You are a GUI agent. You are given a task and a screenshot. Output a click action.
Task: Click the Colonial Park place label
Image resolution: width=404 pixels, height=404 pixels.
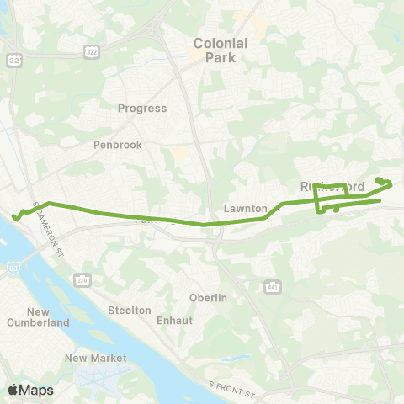pyautogui.click(x=221, y=50)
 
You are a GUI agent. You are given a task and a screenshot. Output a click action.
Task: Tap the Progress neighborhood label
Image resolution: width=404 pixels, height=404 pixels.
pyautogui.click(x=142, y=109)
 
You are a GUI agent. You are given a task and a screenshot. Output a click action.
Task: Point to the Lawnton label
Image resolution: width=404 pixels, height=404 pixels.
pyautogui.click(x=246, y=208)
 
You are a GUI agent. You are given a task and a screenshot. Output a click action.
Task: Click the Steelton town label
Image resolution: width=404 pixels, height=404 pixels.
pyautogui.click(x=130, y=310)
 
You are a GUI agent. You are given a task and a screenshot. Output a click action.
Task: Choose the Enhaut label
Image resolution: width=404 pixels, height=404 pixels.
pyautogui.click(x=175, y=321)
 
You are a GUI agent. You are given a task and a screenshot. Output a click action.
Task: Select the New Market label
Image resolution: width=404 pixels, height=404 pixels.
pyautogui.click(x=95, y=358)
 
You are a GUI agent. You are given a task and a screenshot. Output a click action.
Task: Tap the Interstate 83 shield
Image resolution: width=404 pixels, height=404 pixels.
pyautogui.click(x=13, y=268)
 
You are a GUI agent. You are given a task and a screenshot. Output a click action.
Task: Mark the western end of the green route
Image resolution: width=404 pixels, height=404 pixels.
pyautogui.click(x=14, y=218)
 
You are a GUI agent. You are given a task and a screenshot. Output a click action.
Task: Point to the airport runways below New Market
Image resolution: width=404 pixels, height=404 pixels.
pyautogui.click(x=101, y=376)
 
